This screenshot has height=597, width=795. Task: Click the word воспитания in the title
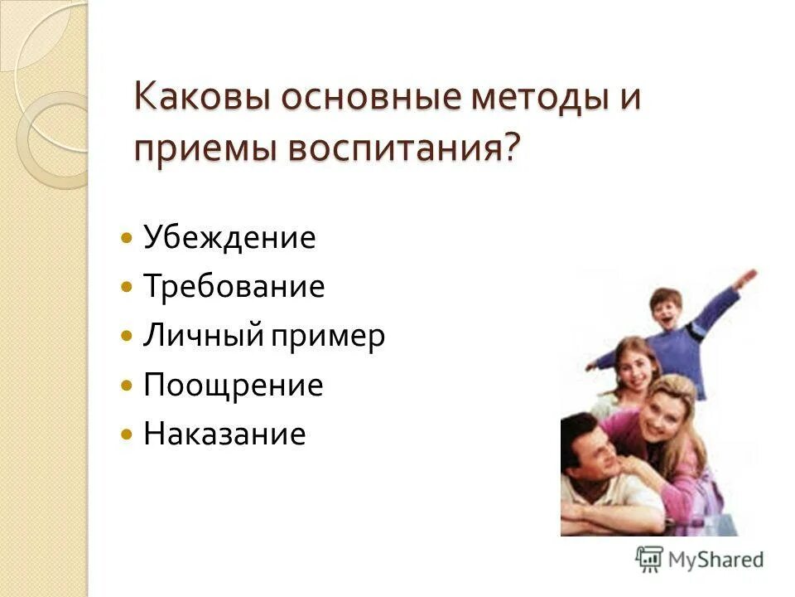[397, 149]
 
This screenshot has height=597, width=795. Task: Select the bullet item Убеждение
[229, 238]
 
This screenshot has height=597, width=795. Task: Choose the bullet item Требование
[234, 287]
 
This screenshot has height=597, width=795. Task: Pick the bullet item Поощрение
[233, 386]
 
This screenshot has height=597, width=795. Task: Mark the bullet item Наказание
[224, 434]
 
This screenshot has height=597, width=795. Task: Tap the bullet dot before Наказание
[126, 434]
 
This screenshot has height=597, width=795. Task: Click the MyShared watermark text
[717, 559]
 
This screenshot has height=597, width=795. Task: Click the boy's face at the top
[665, 309]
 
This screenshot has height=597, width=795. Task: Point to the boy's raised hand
[748, 276]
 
